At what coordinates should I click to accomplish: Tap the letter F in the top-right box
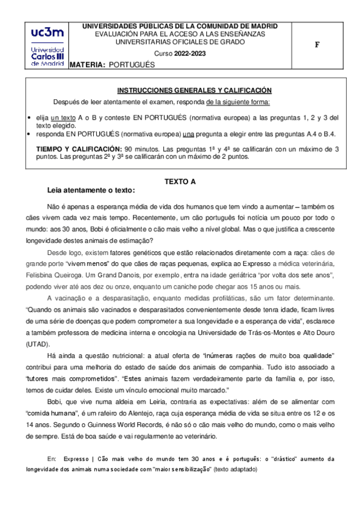[325, 45]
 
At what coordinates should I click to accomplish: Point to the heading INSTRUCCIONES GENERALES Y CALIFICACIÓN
[194, 90]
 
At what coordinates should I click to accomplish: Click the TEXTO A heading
[180, 180]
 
